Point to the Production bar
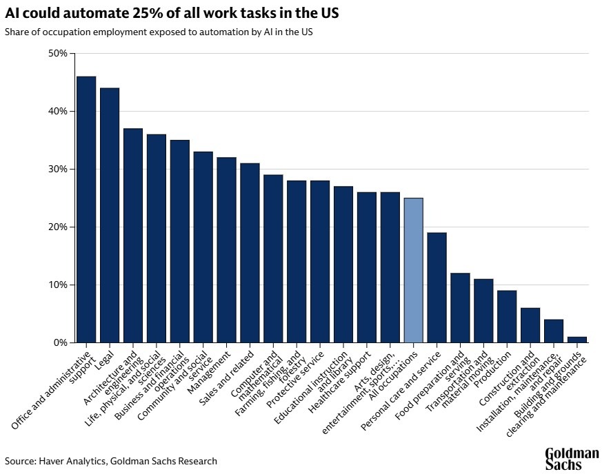[507, 316]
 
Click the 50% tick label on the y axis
[58, 53]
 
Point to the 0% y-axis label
[61, 342]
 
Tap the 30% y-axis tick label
[58, 169]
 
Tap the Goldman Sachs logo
[572, 459]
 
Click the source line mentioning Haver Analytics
[111, 461]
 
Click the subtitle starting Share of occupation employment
[158, 32]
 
